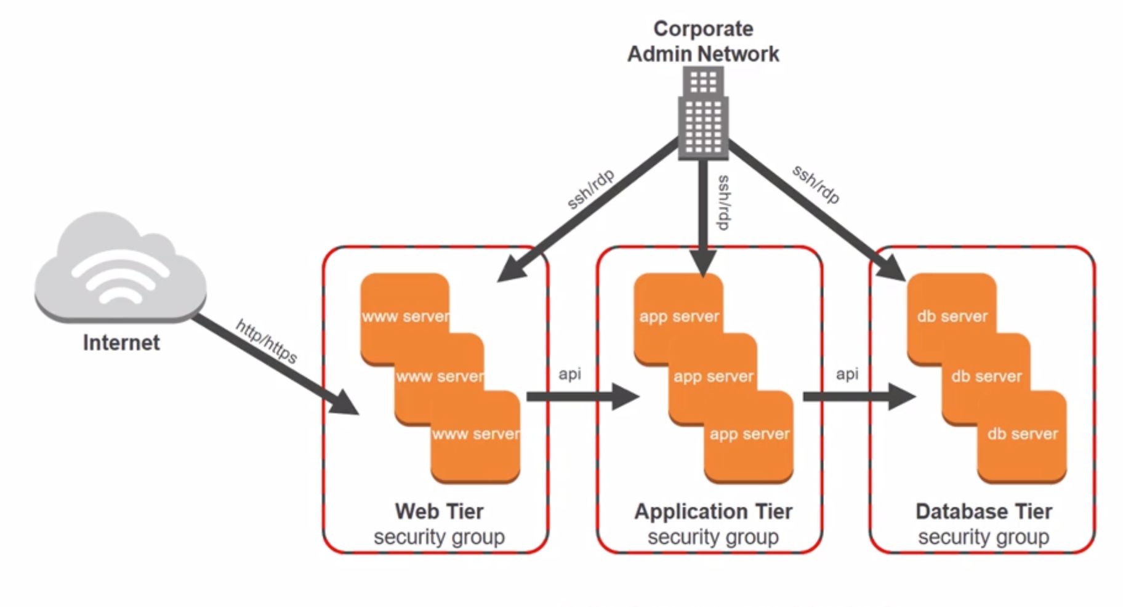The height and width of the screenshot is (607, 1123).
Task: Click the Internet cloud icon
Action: point(120,268)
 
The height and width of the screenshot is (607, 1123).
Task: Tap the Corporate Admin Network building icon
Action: point(703,114)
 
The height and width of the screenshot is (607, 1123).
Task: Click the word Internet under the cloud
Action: point(121,343)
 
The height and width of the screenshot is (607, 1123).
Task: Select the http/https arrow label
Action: point(267,341)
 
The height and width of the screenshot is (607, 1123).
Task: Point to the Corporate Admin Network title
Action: point(703,41)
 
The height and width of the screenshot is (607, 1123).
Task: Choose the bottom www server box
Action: point(476,443)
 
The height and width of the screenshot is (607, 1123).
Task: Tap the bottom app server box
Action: point(749,443)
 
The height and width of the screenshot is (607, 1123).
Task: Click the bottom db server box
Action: point(1023,443)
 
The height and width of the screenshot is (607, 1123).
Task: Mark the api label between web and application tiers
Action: point(570,374)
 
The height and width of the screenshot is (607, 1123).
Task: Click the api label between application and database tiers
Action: point(847,374)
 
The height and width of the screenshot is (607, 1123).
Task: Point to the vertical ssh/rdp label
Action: point(724,202)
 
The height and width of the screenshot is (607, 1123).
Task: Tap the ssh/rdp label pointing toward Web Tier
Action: point(590,189)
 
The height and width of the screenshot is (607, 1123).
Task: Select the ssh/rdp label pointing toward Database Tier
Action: point(816,184)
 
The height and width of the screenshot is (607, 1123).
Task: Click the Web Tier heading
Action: point(439,512)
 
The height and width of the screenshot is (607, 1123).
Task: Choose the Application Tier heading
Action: point(714,512)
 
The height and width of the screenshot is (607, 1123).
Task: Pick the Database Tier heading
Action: point(984,512)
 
